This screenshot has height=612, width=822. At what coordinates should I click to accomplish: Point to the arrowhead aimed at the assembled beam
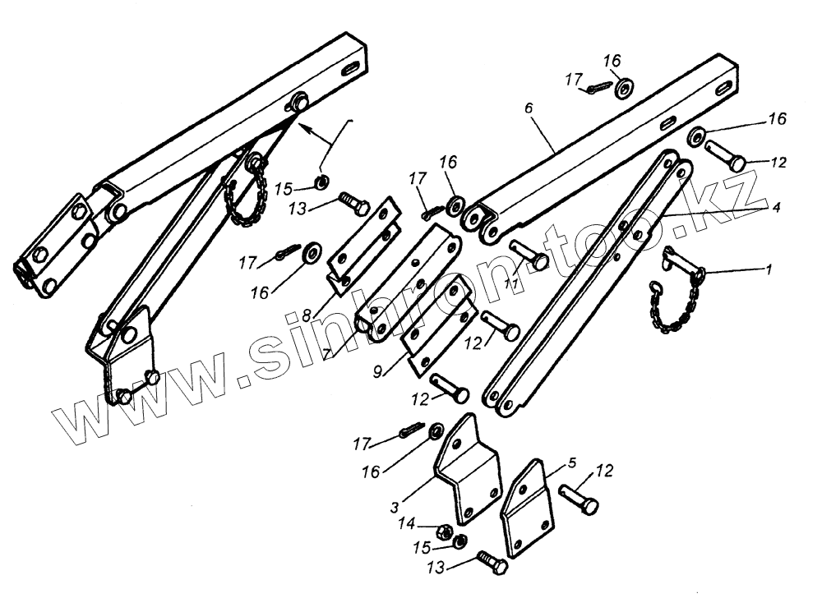(x=303, y=127)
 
